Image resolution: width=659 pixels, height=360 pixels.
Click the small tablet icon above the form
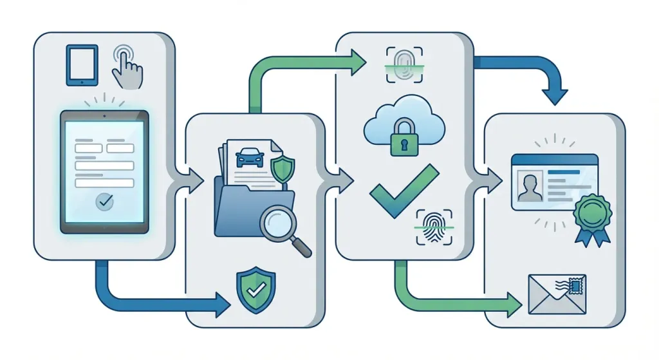(x=82, y=65)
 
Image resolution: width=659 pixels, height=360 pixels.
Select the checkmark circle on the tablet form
(x=104, y=202)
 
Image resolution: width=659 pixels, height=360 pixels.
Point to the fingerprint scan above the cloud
(x=404, y=64)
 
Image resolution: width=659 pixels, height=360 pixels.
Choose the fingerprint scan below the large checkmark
(x=434, y=226)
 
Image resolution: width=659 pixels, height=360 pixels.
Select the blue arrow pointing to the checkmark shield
(x=161, y=298)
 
